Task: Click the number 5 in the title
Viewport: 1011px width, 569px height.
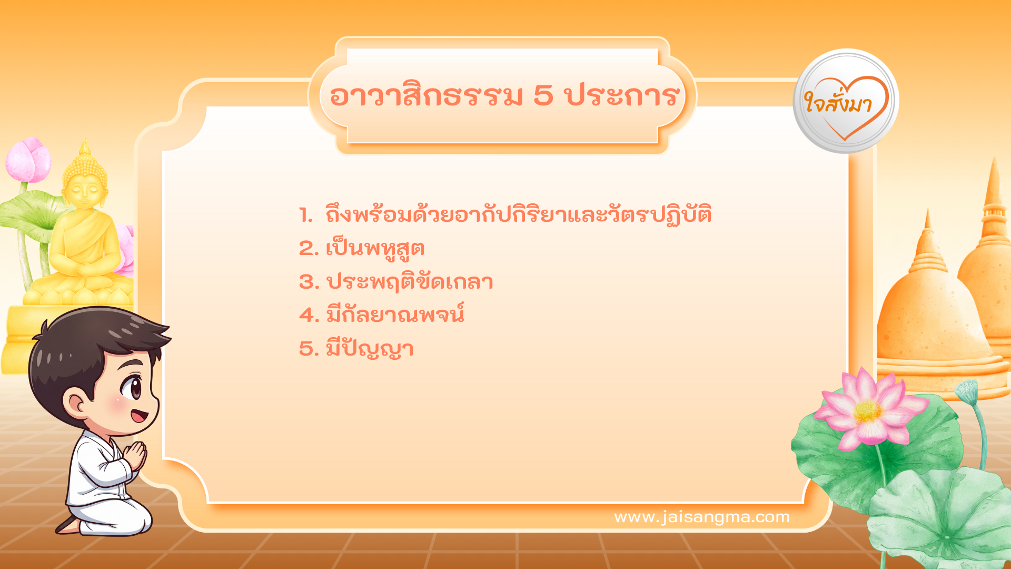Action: (x=543, y=96)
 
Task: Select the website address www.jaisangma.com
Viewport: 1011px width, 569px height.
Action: (x=701, y=517)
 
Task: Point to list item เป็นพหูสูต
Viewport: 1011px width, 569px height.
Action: (x=375, y=249)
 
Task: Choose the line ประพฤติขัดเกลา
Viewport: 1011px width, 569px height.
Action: (x=410, y=282)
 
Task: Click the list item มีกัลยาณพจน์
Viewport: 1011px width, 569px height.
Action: (x=395, y=315)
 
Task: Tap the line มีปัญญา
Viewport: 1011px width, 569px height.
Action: (x=370, y=349)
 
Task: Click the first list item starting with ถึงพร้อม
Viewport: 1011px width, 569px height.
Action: (x=518, y=215)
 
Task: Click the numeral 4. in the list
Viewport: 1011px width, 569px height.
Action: (x=309, y=315)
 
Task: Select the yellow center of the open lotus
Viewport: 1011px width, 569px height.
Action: (x=867, y=411)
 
